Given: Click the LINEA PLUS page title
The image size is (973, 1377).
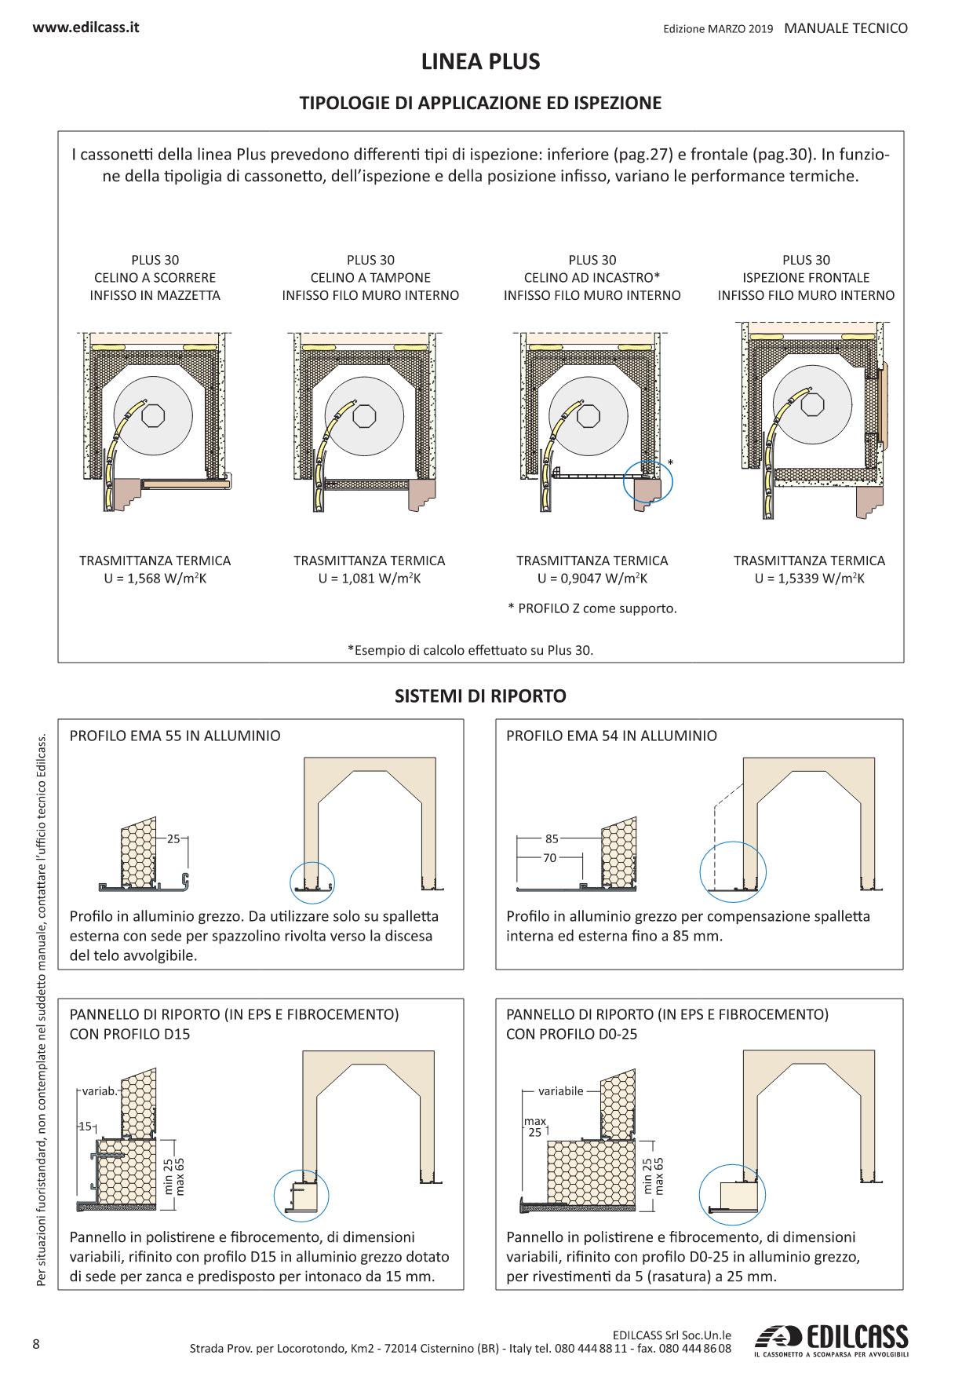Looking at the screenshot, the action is click(x=481, y=62).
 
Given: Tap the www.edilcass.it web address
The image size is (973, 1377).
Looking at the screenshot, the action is click(x=86, y=27).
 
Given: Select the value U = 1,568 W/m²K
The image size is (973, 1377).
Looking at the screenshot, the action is click(x=155, y=579).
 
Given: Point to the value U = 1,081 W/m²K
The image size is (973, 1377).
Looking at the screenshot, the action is click(x=370, y=579).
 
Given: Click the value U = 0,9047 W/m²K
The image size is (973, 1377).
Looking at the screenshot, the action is click(x=592, y=579).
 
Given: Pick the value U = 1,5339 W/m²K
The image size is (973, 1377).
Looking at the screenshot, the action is click(x=810, y=579).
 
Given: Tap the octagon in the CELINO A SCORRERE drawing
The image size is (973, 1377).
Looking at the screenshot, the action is click(x=153, y=415).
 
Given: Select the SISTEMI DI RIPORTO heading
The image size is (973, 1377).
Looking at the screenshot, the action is click(x=480, y=696).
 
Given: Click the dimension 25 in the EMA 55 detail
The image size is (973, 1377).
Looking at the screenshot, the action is click(x=173, y=838).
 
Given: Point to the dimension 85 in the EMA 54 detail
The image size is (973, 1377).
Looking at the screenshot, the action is click(x=552, y=838).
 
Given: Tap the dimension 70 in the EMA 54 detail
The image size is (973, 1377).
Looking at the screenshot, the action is click(x=549, y=858).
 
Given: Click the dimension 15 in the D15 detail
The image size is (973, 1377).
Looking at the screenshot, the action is click(x=84, y=1127).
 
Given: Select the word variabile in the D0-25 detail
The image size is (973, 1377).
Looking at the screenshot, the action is click(x=561, y=1091).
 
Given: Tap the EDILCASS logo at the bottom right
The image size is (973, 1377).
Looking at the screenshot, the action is click(x=830, y=1340).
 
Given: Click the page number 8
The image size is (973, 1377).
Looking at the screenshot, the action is click(x=37, y=1342).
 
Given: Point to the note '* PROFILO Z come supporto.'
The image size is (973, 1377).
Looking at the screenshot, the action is click(x=592, y=608).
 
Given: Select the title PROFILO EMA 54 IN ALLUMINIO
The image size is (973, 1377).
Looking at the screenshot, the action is click(x=611, y=736).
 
